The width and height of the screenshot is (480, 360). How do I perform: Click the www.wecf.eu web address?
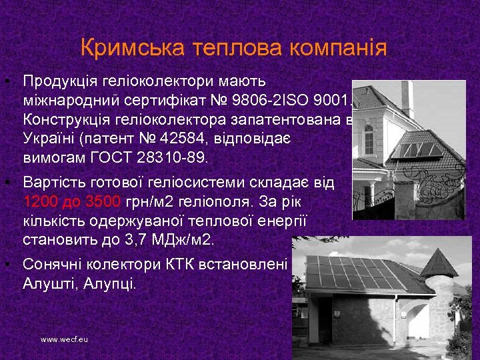click(x=64, y=339)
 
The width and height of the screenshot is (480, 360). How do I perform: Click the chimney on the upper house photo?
click(x=406, y=97)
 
